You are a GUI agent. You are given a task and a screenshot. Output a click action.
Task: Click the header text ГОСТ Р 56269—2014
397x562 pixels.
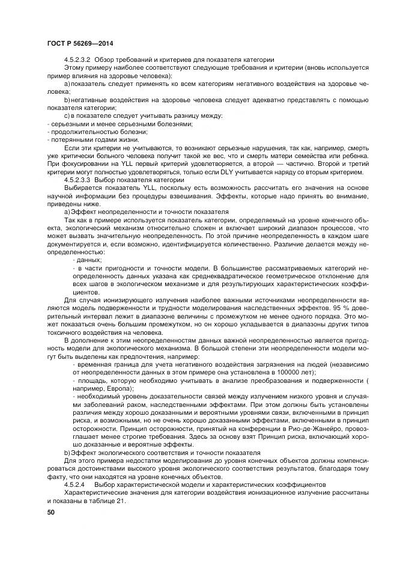(80, 44)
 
